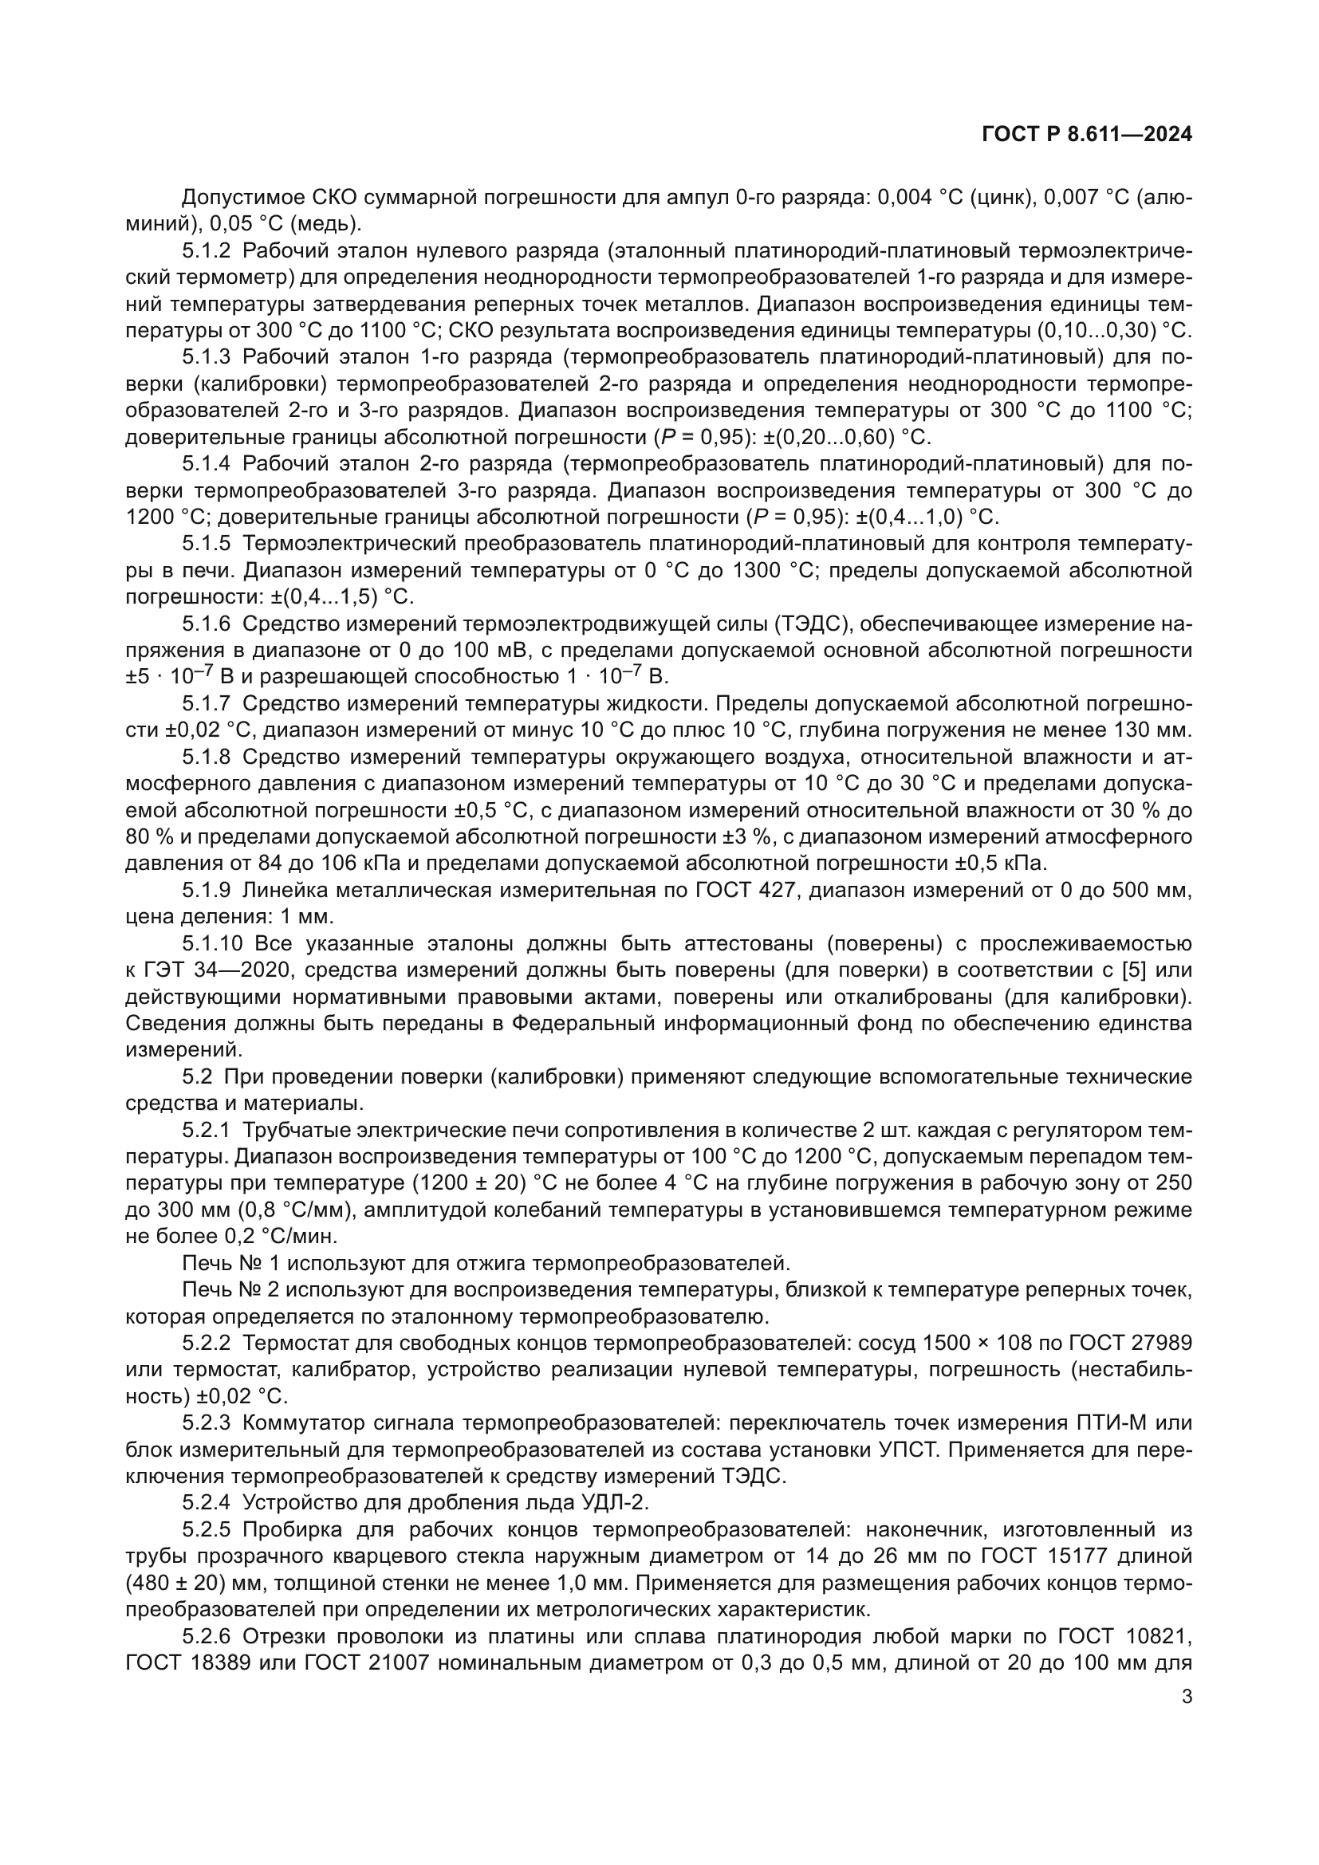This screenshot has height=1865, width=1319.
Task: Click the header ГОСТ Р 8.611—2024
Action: coord(1087,134)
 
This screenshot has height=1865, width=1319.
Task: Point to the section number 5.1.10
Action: coord(212,943)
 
